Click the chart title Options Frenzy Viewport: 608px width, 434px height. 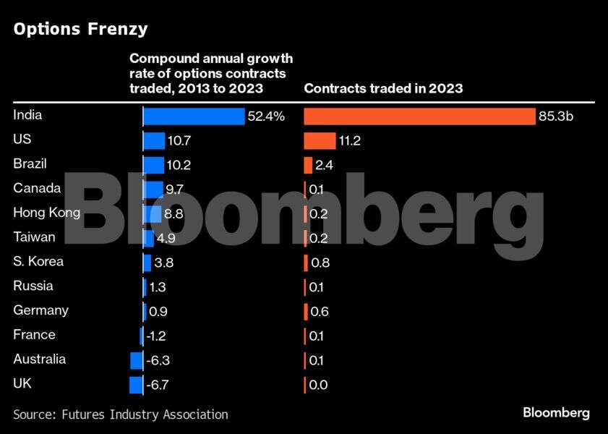80,29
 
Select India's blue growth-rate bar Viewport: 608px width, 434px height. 194,116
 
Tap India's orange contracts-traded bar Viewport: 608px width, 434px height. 419,116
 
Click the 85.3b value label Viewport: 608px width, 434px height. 555,116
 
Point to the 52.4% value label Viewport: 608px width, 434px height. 267,116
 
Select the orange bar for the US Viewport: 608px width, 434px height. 320,141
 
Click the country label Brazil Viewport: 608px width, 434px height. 30,163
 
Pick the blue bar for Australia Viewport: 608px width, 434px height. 136,360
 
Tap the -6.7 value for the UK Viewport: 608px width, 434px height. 158,385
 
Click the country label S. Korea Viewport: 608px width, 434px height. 38,261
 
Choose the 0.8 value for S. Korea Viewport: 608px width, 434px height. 320,263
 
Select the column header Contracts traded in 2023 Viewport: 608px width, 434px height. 383,88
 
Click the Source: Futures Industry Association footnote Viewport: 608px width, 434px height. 121,414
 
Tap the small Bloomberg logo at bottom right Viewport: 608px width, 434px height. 556,413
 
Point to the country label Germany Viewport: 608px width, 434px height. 40,310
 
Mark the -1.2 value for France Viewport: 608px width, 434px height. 157,336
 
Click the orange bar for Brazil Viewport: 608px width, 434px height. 308,165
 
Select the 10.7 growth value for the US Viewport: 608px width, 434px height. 179,141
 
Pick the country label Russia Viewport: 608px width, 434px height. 33,286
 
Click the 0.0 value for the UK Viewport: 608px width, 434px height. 318,385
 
